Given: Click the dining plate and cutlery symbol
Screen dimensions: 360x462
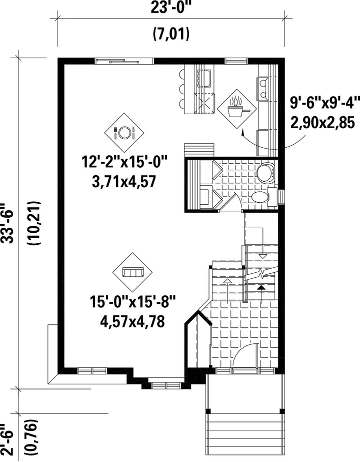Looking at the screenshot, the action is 124,132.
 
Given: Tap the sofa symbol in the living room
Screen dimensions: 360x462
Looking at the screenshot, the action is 133,272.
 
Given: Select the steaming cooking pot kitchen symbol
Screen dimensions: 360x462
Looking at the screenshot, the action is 237,109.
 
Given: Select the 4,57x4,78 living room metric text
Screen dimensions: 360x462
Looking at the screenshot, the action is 132,321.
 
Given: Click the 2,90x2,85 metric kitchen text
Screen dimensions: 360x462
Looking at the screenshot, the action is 322,122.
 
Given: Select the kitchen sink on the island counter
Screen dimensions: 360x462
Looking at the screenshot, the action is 203,79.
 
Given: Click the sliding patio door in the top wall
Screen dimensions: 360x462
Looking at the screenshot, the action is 124,61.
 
